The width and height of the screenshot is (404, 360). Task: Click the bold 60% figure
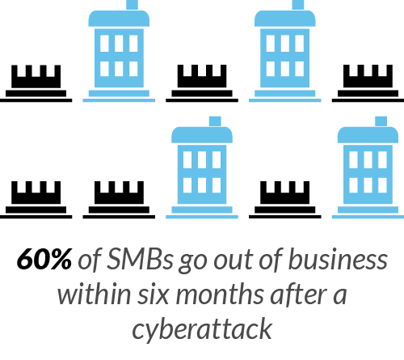click(44, 259)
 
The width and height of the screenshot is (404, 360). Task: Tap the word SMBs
click(140, 259)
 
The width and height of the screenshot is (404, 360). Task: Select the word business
click(338, 259)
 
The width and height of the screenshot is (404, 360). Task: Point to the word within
click(94, 294)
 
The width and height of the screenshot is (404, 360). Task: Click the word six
click(153, 294)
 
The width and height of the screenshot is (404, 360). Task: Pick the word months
click(220, 294)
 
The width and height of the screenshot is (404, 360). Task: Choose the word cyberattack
click(202, 329)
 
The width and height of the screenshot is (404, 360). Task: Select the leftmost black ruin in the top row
click(36, 83)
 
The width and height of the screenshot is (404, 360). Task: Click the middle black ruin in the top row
click(202, 83)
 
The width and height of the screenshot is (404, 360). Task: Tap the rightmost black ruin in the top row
click(368, 83)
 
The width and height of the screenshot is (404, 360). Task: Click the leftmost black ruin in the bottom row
click(36, 200)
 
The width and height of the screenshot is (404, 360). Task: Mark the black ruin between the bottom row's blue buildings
click(285, 200)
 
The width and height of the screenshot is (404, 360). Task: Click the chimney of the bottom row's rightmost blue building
click(381, 121)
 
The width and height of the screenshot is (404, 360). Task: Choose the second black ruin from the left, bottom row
click(119, 200)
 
